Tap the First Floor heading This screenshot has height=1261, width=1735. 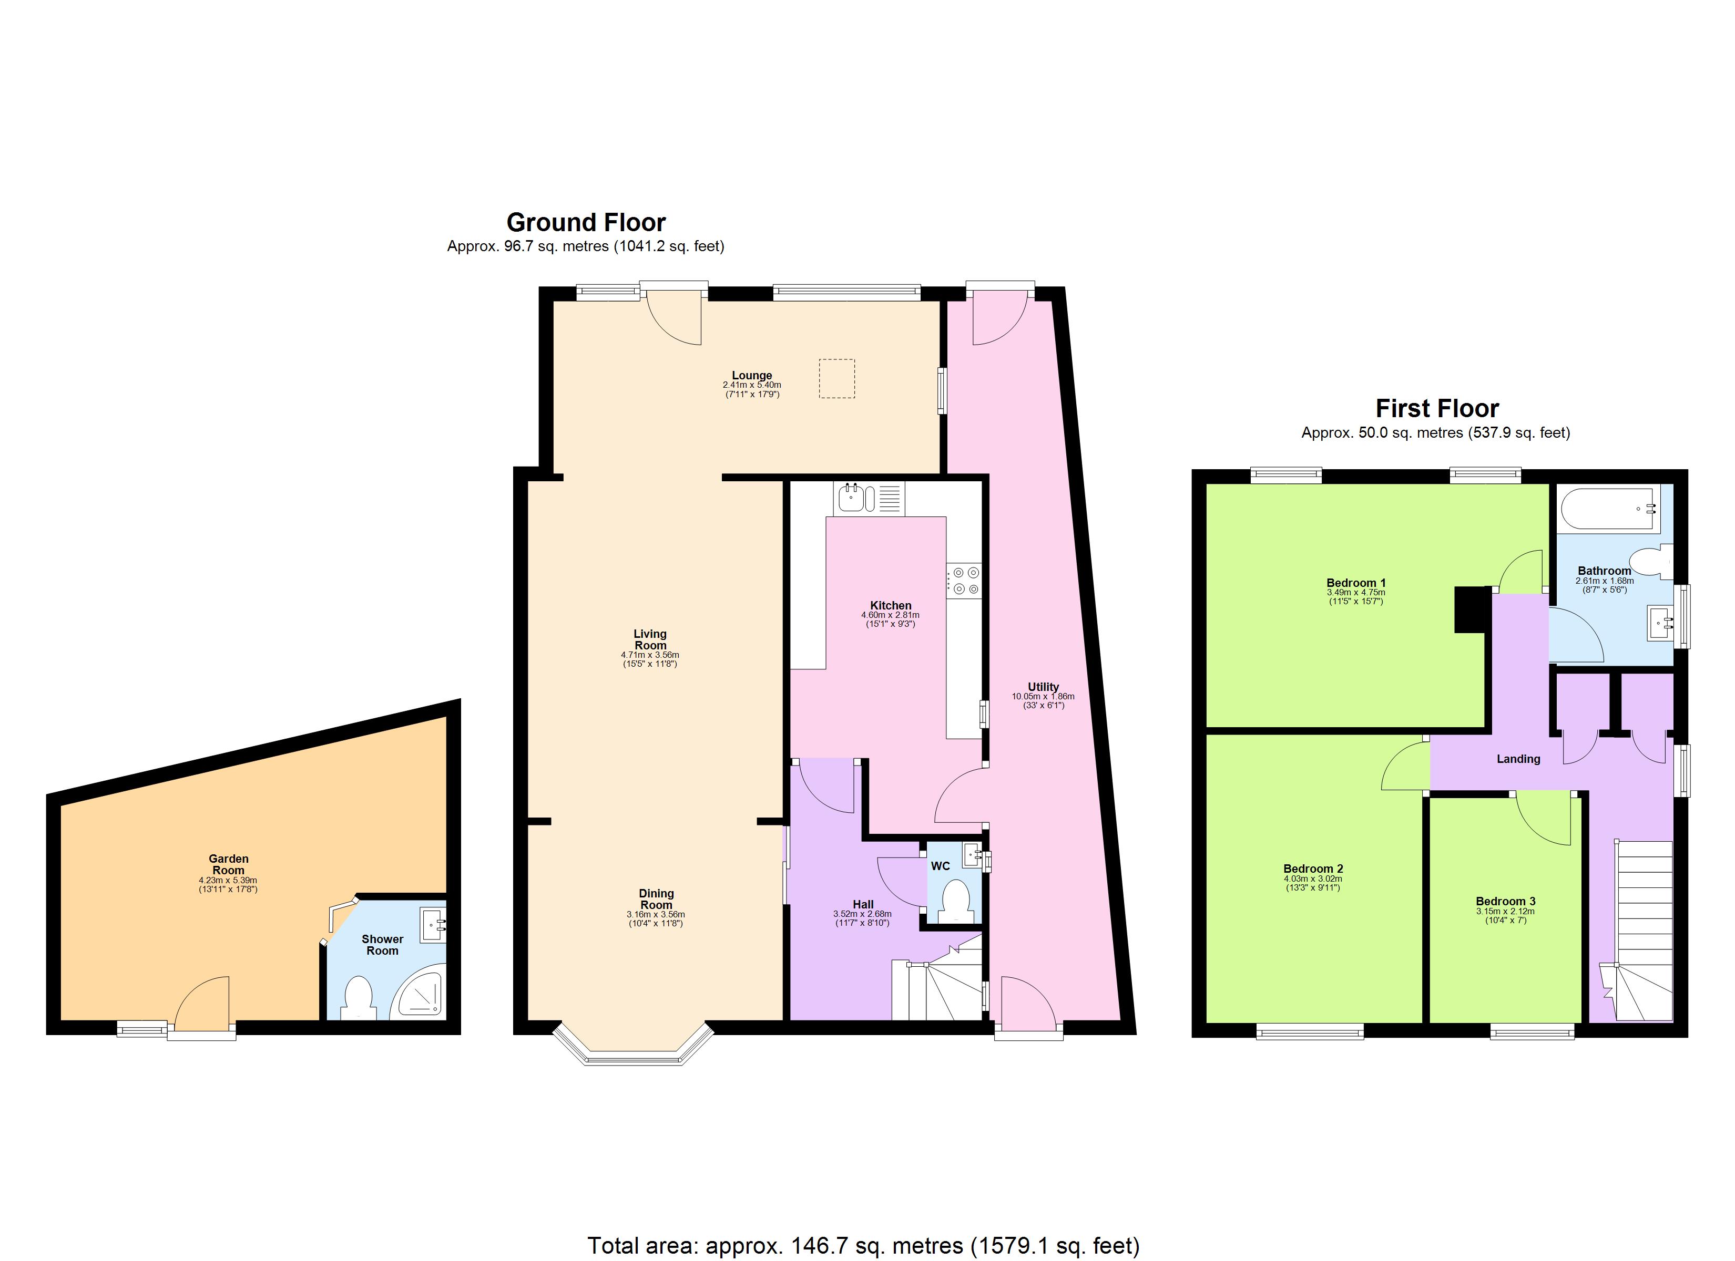(1437, 408)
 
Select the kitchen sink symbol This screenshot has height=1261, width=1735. (855, 498)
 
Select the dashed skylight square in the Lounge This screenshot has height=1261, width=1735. (837, 378)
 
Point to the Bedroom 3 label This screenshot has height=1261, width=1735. (1505, 902)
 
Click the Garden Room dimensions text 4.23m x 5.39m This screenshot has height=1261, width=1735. (228, 880)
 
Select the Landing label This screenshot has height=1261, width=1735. (1518, 759)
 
